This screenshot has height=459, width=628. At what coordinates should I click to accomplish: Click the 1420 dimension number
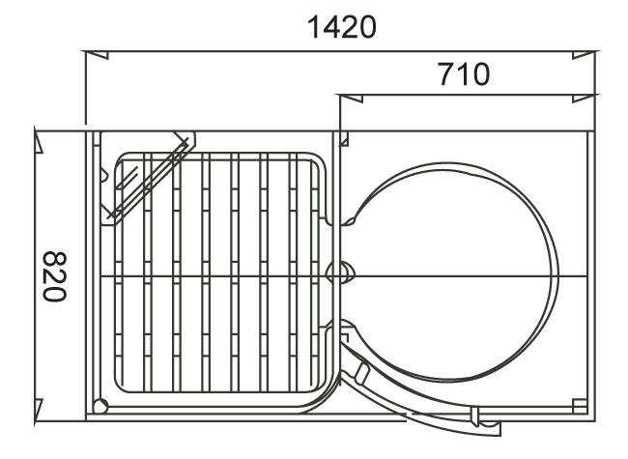pos(340,28)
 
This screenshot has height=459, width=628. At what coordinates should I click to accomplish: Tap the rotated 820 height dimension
pos(55,276)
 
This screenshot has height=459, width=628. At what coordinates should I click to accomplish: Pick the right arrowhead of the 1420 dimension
pos(584,54)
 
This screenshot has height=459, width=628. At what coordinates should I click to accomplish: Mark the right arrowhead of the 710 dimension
pos(584,97)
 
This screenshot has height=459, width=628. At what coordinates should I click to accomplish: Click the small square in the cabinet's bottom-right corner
pos(580,405)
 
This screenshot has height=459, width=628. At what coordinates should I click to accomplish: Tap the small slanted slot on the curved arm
pos(362,372)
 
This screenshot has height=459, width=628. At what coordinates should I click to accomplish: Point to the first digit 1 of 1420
pos(311,28)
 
